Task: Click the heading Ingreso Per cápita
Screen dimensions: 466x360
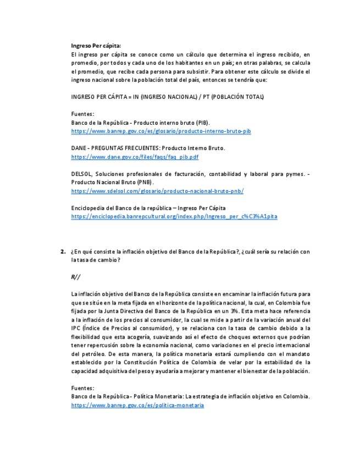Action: pos(96,46)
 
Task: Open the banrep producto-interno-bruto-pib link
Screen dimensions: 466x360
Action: pos(161,131)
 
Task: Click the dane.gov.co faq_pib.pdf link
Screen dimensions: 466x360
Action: pos(135,157)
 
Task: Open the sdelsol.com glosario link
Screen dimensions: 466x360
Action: pos(157,191)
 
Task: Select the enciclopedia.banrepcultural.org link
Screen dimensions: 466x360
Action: pos(174,217)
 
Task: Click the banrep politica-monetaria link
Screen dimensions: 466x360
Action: pos(137,405)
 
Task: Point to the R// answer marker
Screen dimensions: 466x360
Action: pos(75,276)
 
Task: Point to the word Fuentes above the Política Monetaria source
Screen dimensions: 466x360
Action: pos(82,388)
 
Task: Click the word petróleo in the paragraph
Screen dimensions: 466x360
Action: pos(85,354)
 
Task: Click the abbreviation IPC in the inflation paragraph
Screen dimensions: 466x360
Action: pos(76,329)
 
